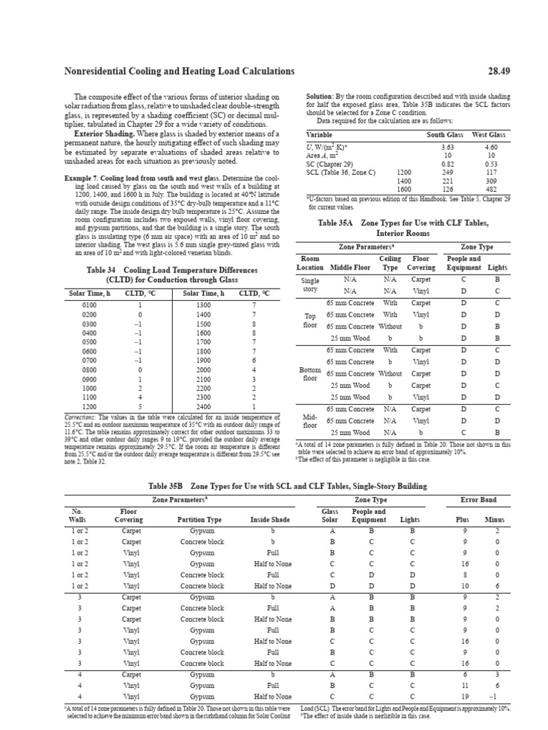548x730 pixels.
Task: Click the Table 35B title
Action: [x=273, y=486]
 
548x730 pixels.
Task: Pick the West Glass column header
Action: [x=489, y=135]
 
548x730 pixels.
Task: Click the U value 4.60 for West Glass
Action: [x=491, y=146]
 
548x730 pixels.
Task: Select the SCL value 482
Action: [x=491, y=189]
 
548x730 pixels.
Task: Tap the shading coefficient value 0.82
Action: [x=447, y=163]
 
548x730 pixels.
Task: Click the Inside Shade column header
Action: [x=271, y=520]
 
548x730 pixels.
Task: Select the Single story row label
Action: [x=310, y=285]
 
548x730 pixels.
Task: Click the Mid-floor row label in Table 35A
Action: [x=310, y=421]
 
